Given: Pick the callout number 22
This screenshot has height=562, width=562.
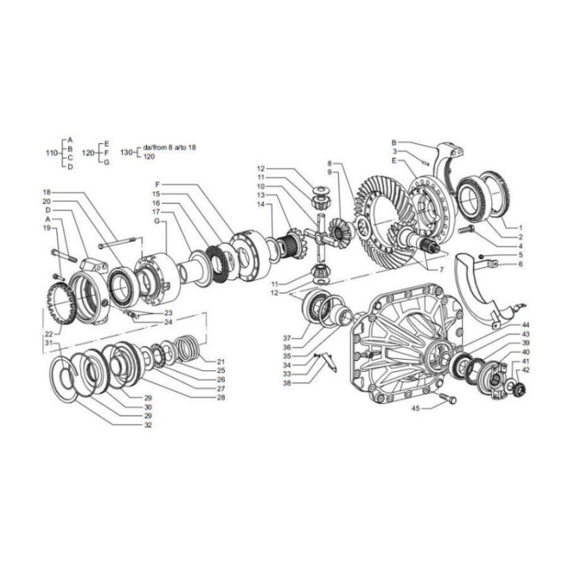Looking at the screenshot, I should pyautogui.click(x=49, y=333).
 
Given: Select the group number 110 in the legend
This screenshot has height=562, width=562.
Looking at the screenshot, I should pyautogui.click(x=52, y=153).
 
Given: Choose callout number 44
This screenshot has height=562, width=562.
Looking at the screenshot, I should pyautogui.click(x=526, y=324).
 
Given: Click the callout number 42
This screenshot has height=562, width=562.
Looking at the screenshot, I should pyautogui.click(x=526, y=370).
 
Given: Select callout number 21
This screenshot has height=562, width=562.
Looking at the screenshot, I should pyautogui.click(x=221, y=361).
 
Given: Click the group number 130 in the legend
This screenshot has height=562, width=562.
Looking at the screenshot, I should pyautogui.click(x=126, y=153).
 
